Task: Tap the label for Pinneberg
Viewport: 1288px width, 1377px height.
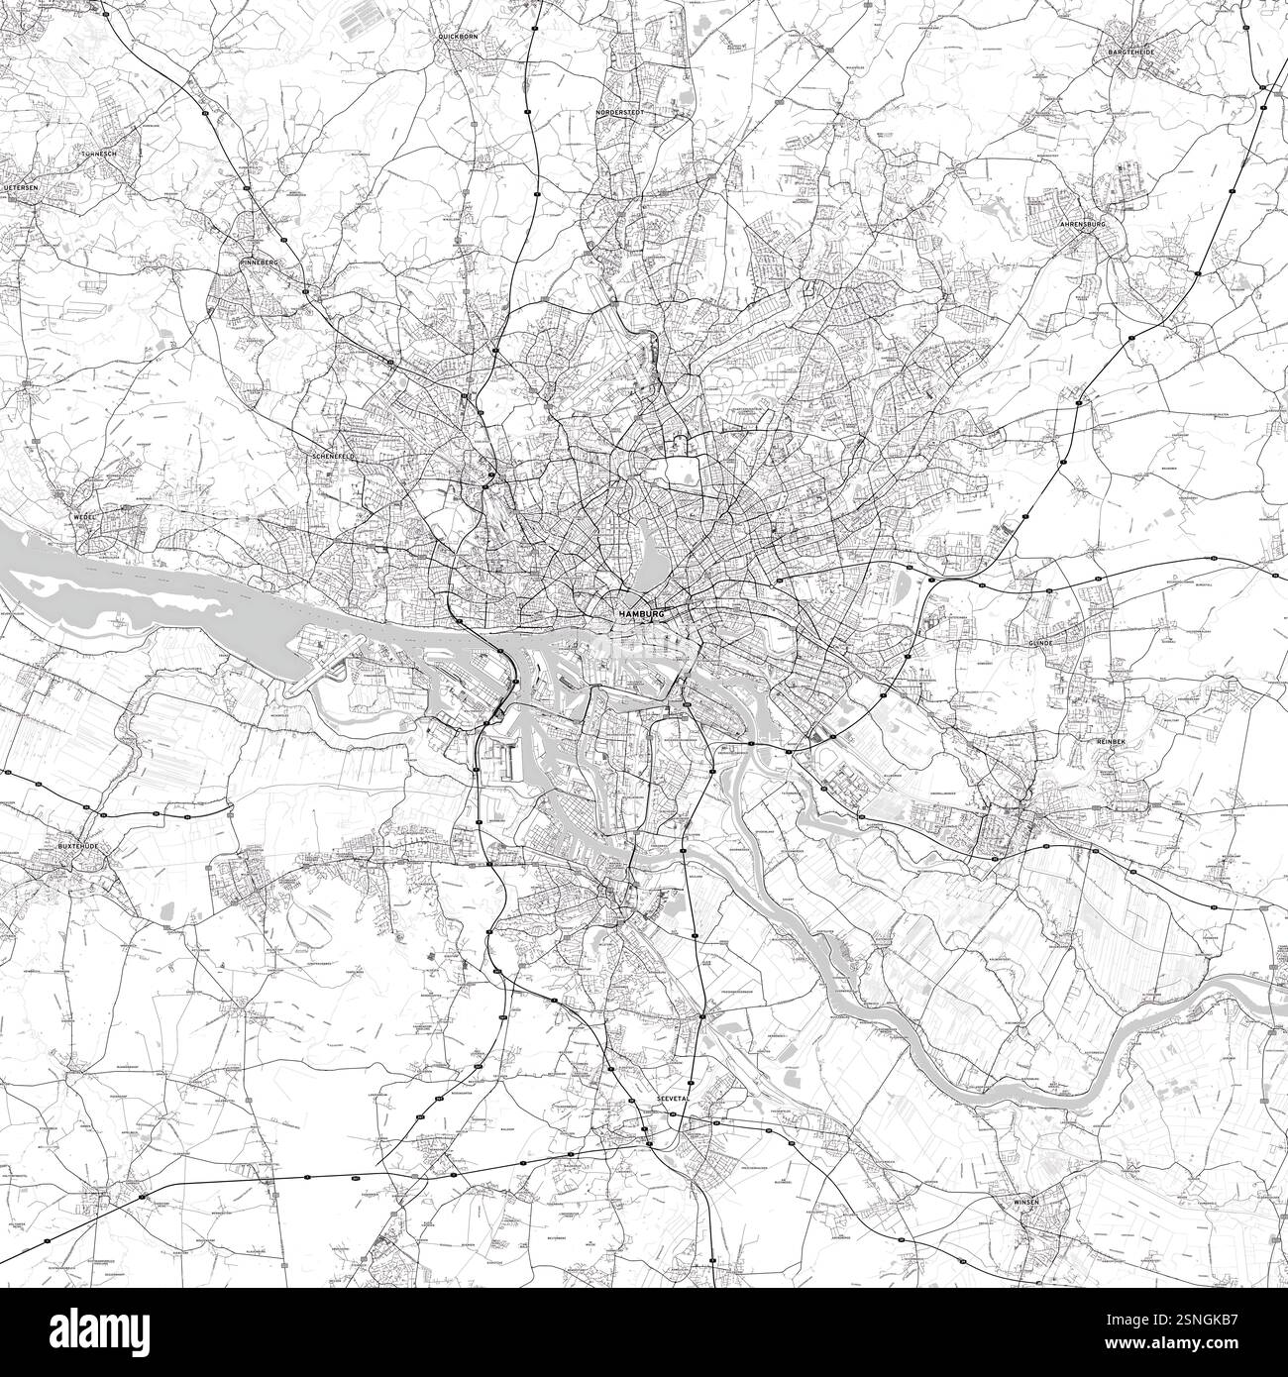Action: (x=261, y=262)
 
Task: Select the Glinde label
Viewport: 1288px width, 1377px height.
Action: (x=1040, y=642)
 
